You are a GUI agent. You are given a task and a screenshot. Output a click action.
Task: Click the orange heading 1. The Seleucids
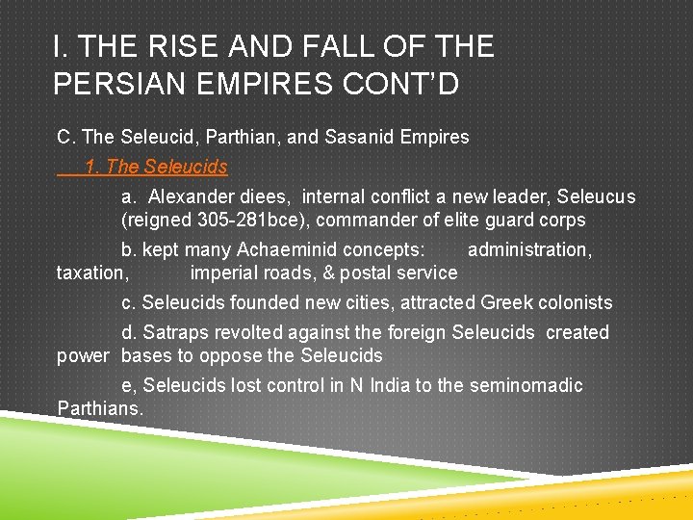click(156, 167)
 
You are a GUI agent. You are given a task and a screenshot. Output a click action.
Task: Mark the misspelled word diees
click(267, 196)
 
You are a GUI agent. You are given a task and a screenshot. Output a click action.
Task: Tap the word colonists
click(574, 302)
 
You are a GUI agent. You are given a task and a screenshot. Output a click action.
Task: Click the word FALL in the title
click(331, 46)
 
